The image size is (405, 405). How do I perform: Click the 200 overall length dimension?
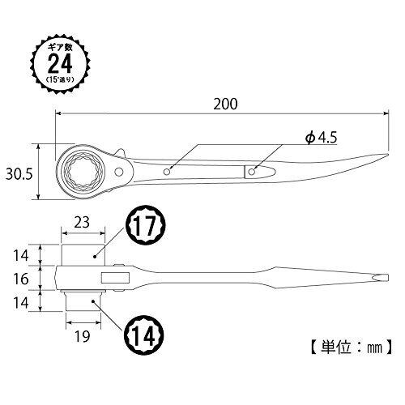[x=225, y=104]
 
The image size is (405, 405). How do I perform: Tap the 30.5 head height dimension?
[x=19, y=174]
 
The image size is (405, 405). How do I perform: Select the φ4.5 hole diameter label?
[x=321, y=138]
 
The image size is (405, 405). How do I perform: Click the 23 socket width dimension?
[x=82, y=223]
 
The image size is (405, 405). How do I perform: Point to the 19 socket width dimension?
[x=83, y=336]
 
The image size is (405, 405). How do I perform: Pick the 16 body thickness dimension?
[x=21, y=279]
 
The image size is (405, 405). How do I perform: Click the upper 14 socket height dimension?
[x=21, y=255]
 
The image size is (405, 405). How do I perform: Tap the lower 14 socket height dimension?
[x=21, y=303]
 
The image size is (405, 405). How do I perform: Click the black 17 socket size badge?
[x=145, y=225]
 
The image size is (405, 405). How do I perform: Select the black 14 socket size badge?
[x=144, y=335]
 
